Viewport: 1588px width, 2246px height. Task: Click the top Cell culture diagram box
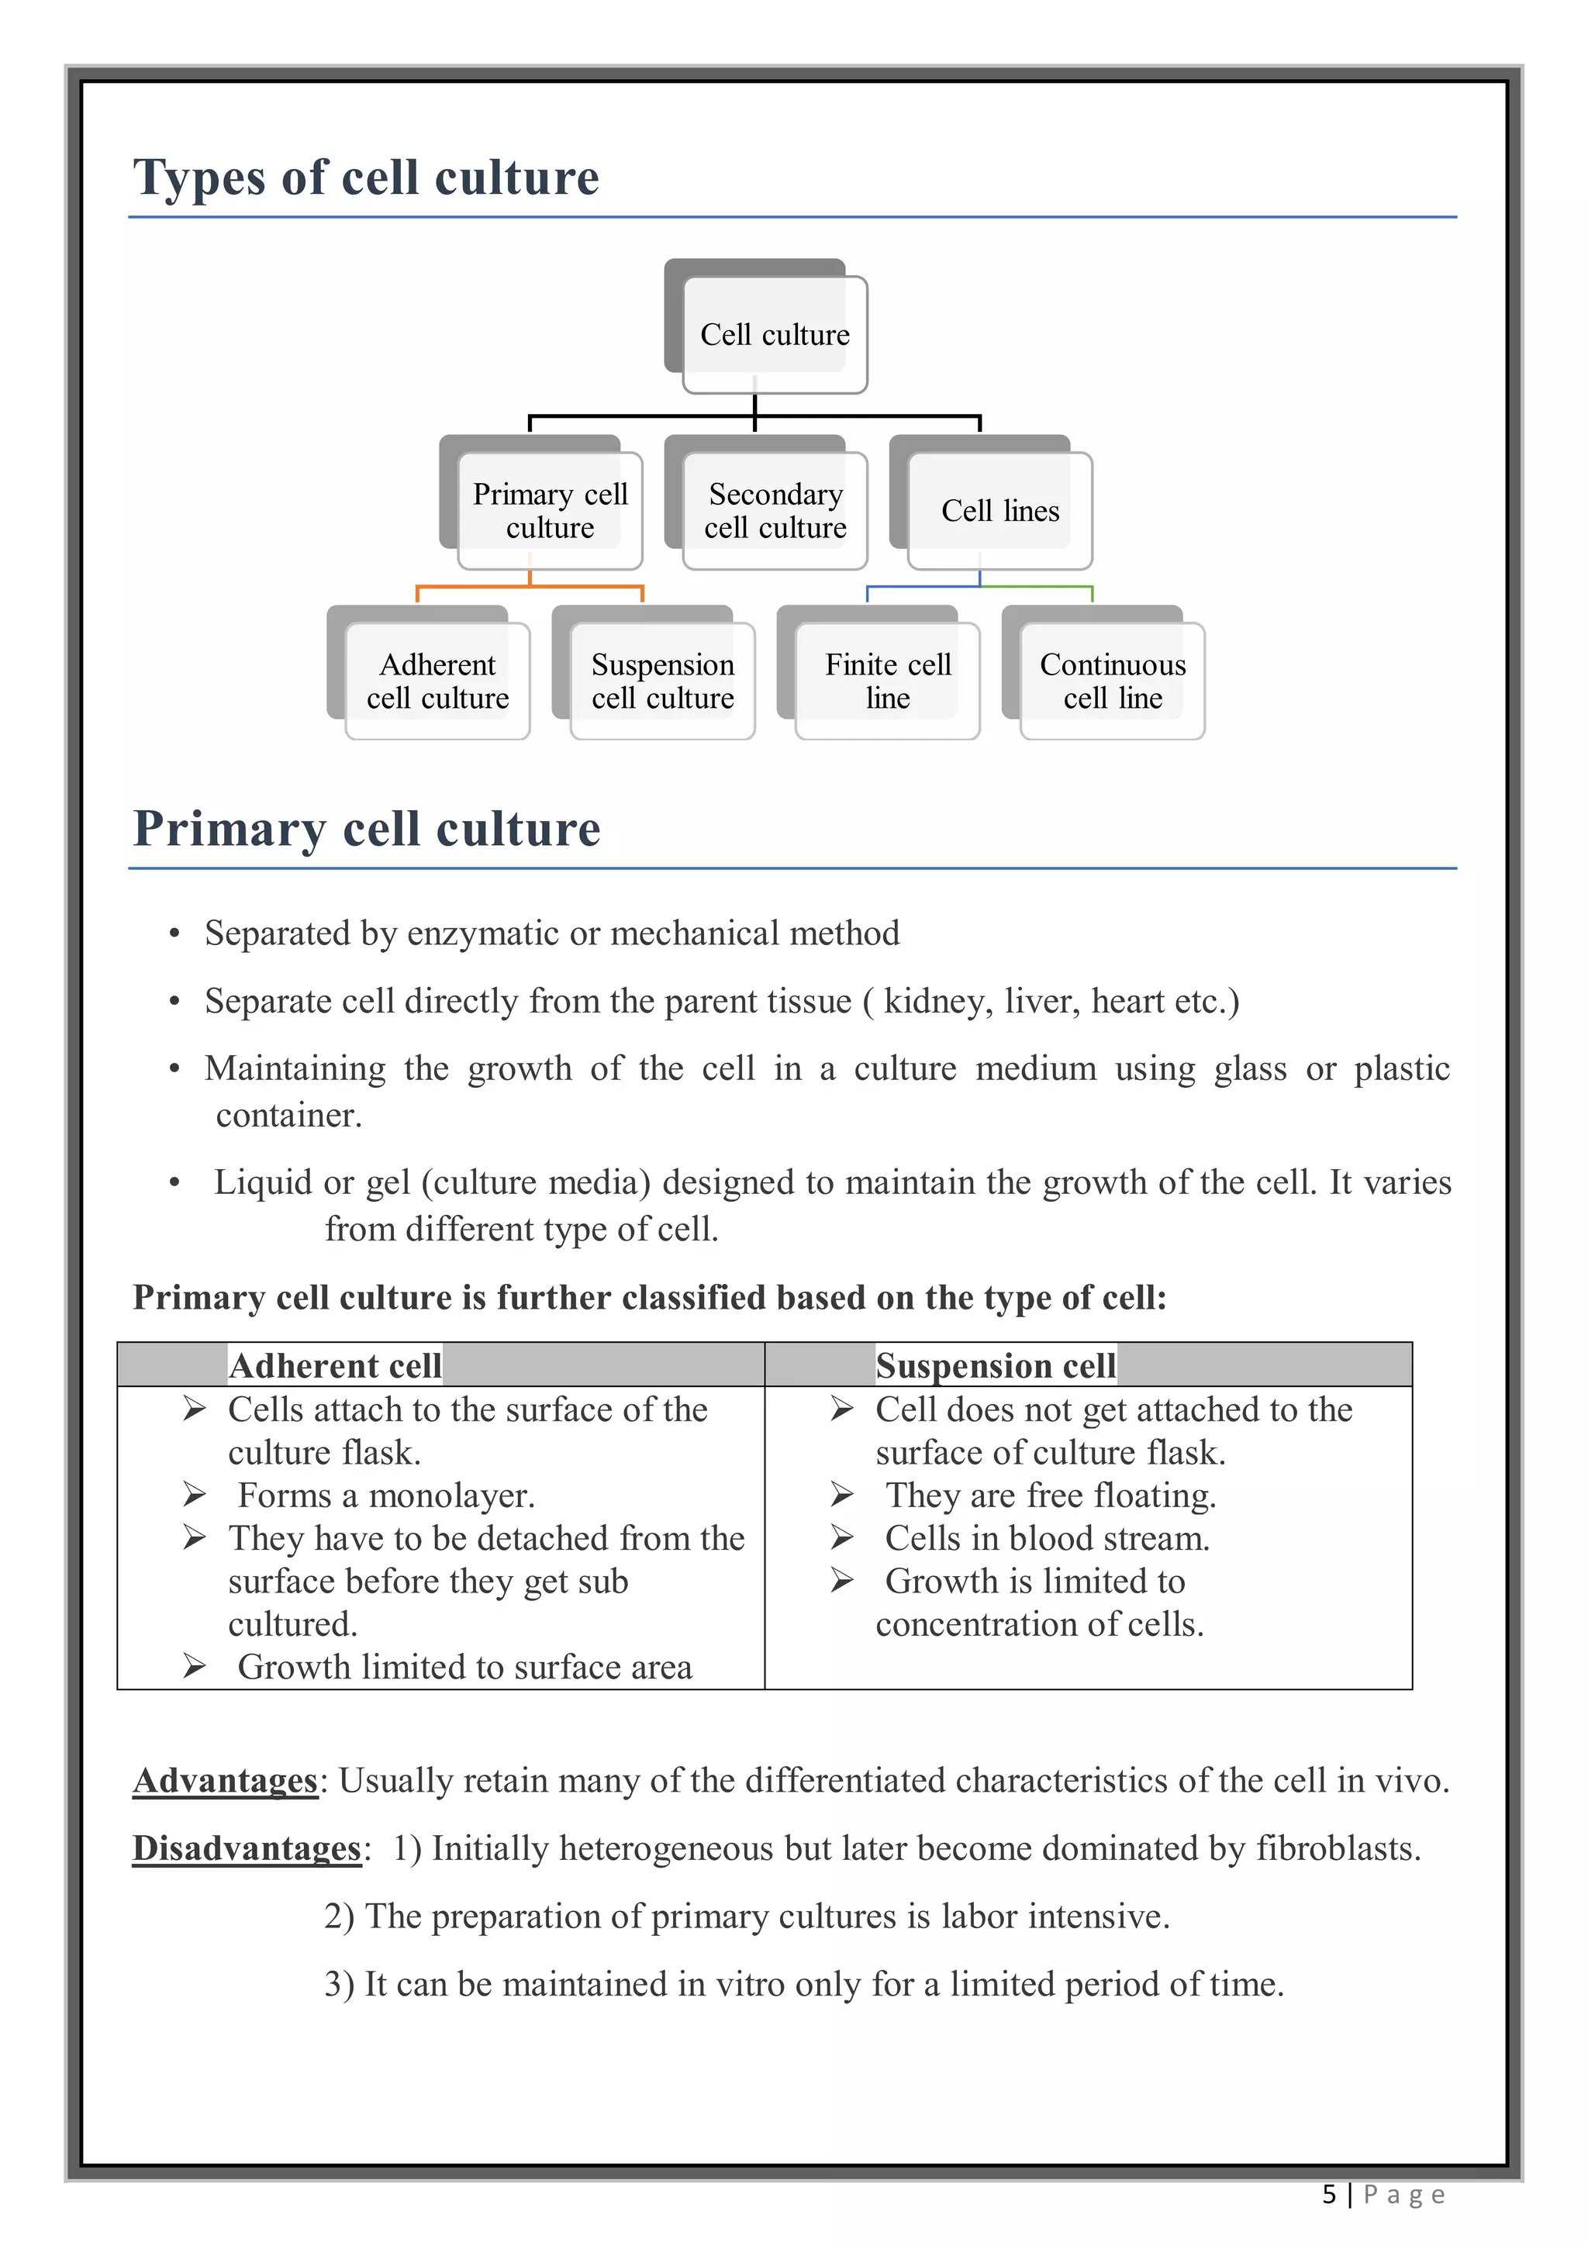(x=774, y=335)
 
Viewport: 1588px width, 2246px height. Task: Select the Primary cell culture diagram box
(x=550, y=511)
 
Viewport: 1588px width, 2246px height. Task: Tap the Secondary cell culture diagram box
(x=775, y=511)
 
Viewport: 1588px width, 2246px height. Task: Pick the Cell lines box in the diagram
(x=1000, y=511)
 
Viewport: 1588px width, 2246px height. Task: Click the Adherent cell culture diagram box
(x=437, y=681)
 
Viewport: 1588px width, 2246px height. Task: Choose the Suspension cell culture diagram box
(x=662, y=681)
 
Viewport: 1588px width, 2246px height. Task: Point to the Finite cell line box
(x=888, y=681)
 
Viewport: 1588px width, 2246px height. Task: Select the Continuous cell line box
(x=1113, y=681)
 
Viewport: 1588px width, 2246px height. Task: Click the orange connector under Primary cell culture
(x=530, y=587)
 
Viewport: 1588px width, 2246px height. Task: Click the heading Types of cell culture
(x=366, y=178)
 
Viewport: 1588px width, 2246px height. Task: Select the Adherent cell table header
(x=335, y=1365)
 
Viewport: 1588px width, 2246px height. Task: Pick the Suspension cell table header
(x=995, y=1365)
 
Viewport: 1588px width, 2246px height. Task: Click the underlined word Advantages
(x=225, y=1780)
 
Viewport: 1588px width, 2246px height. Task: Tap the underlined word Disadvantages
(x=247, y=1849)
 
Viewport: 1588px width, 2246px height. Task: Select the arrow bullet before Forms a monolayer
(x=194, y=1495)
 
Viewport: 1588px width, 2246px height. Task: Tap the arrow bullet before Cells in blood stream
(x=841, y=1537)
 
